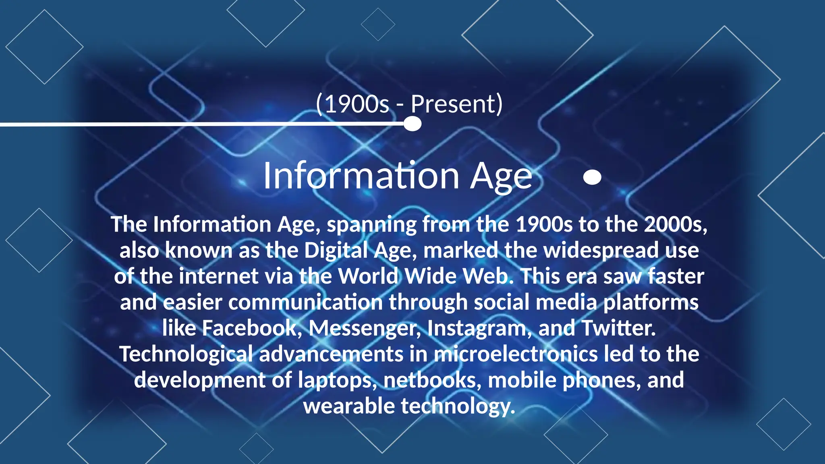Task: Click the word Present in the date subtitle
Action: coord(453,104)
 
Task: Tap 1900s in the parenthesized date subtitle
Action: coord(357,104)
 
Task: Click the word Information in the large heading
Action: coord(361,176)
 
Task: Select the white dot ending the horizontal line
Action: coord(412,124)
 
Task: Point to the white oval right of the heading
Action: coord(592,177)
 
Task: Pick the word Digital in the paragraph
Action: coord(336,251)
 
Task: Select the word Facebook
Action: coord(249,328)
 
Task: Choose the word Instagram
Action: coord(477,328)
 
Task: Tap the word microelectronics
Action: coord(516,354)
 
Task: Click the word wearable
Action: coord(349,406)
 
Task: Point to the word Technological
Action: coord(186,354)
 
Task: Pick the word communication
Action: coord(305,302)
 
